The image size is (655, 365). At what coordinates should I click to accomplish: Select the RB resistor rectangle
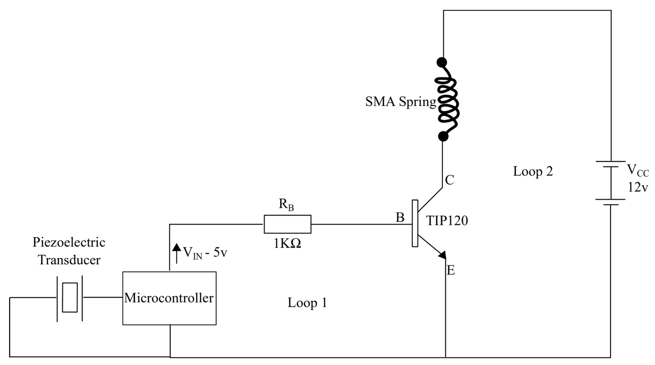287,224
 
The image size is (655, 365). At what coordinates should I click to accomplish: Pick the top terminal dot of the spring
442,62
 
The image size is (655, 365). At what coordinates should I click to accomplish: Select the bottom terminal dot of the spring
443,137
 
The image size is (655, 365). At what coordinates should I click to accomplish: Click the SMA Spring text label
400,102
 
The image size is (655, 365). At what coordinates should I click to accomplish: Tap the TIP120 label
447,221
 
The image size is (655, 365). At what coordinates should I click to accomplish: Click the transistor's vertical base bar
415,223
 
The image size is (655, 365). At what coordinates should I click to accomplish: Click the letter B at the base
400,218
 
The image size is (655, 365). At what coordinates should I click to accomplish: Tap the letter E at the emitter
451,270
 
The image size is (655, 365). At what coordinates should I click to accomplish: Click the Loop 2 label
533,171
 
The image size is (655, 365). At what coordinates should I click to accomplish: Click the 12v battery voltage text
638,187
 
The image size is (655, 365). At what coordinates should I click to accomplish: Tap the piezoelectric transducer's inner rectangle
70,297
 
